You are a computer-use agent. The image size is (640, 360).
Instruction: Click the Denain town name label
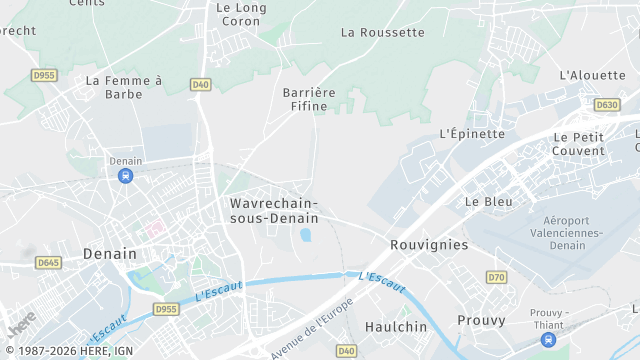[110, 253]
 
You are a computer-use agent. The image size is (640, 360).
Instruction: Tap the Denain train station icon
[124, 176]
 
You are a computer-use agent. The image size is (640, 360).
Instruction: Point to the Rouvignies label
[429, 244]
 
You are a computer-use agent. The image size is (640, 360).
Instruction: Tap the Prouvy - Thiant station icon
[547, 340]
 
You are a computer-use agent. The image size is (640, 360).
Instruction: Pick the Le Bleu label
[488, 201]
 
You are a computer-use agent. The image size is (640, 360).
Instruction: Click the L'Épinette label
[472, 133]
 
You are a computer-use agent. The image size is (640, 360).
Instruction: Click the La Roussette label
[382, 32]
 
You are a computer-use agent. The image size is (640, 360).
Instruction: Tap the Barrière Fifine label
[309, 99]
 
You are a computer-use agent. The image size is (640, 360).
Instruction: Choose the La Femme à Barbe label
[124, 87]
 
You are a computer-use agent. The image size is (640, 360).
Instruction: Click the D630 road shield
[606, 104]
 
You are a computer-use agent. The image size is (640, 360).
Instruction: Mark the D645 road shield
[47, 263]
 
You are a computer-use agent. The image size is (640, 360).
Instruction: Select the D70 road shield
[497, 276]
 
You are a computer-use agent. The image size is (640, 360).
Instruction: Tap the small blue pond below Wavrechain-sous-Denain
[305, 236]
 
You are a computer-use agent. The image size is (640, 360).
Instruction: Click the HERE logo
[21, 323]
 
